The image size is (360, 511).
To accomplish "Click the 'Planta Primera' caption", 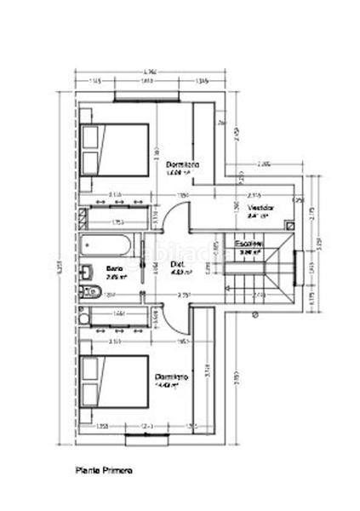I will pos(103,469).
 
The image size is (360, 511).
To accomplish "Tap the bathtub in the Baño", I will pos(106,247).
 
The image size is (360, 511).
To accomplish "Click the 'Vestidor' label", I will pos(260,207).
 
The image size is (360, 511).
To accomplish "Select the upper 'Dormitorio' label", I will pos(182,164).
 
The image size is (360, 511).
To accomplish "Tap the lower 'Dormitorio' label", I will pos(172,375).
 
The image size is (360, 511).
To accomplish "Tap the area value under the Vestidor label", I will pos(259,216).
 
